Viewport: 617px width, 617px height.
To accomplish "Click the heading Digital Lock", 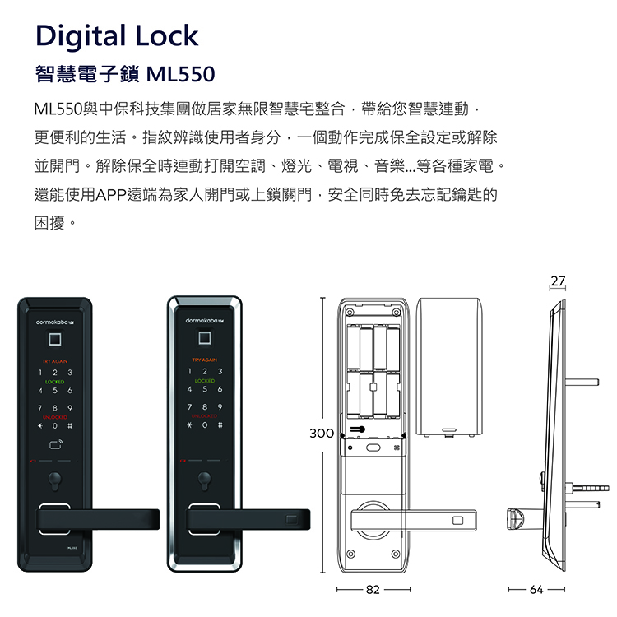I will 116,36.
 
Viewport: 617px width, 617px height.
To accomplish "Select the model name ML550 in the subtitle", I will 179,76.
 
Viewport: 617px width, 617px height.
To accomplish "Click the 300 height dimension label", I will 322,433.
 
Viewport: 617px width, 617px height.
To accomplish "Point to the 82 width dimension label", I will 373,590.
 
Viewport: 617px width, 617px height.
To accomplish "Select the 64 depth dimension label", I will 536,590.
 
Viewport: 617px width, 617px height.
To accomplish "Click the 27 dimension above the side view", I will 558,281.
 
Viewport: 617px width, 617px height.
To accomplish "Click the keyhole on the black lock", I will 56,483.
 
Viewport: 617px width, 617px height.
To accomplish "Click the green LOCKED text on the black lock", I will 56,382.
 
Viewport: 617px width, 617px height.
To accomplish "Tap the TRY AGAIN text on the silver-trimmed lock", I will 204,361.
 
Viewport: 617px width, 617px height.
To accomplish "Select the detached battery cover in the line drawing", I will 449,367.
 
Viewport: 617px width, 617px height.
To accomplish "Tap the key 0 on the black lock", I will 56,427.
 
